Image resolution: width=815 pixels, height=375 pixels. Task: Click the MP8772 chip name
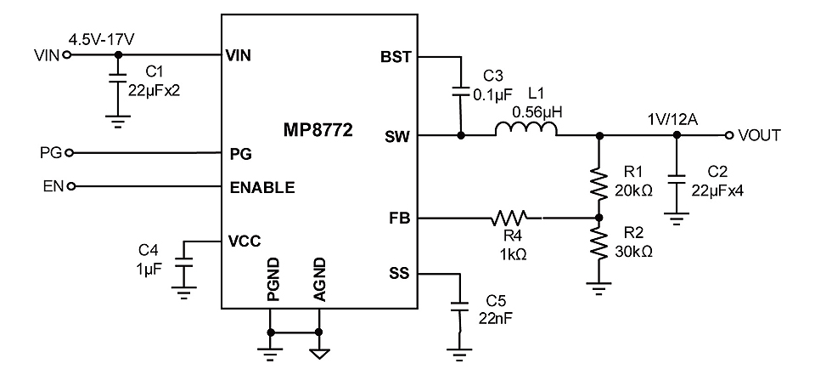click(x=318, y=130)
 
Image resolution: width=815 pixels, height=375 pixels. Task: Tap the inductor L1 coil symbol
click(x=526, y=129)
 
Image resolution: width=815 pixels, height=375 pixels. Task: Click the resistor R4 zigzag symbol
click(x=509, y=218)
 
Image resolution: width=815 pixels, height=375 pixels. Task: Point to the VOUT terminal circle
click(x=729, y=135)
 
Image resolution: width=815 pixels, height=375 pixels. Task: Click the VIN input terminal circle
click(x=66, y=54)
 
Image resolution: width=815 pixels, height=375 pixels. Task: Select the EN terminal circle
click(x=70, y=186)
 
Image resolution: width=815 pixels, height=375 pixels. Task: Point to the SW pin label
click(x=398, y=136)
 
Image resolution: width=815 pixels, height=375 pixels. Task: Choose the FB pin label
click(x=399, y=219)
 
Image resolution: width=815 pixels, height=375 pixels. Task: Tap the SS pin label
click(x=399, y=273)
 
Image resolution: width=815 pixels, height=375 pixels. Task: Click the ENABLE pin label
click(x=262, y=187)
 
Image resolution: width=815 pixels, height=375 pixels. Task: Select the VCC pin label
click(x=244, y=241)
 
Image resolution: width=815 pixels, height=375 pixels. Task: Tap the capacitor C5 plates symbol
click(x=459, y=306)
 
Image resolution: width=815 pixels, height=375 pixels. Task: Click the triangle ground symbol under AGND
click(x=319, y=354)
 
